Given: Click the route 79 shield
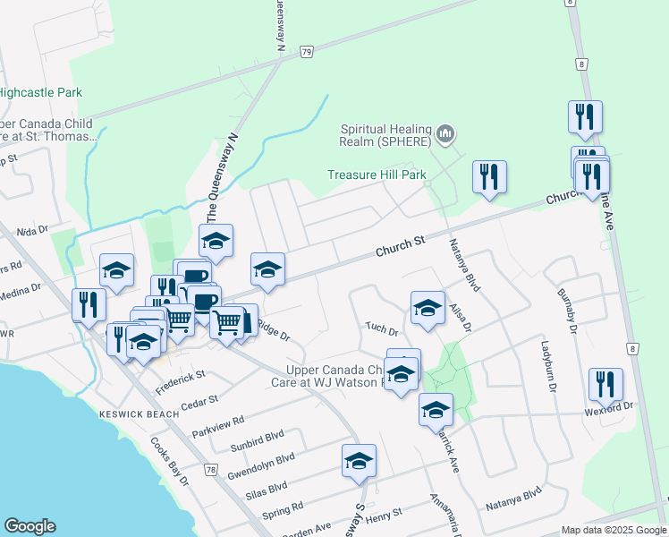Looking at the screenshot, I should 307,52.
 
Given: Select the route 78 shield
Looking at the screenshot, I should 210,469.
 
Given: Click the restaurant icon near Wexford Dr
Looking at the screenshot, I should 605,384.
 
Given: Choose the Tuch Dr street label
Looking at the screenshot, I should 381,327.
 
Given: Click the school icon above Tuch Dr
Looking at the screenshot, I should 428,308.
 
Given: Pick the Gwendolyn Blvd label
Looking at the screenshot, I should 261,465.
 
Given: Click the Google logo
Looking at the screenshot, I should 30,526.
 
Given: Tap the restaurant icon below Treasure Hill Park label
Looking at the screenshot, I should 488,177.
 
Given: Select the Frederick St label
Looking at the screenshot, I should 181,381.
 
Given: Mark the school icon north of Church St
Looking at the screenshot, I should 215,240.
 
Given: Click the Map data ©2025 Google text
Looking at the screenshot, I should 614,530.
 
